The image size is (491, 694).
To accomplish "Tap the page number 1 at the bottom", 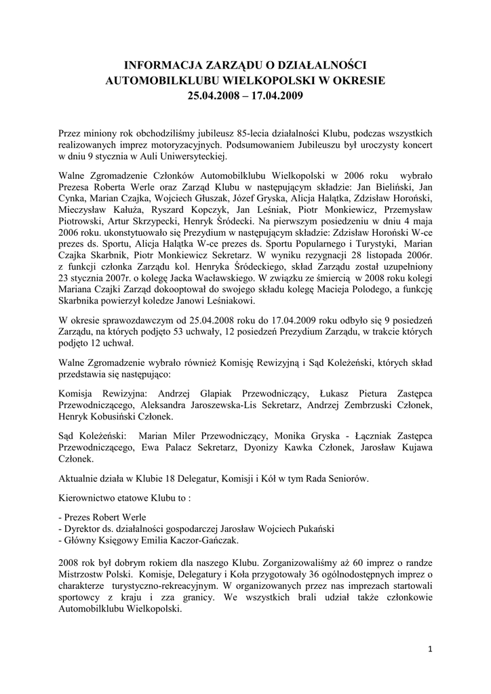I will point(430,649).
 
